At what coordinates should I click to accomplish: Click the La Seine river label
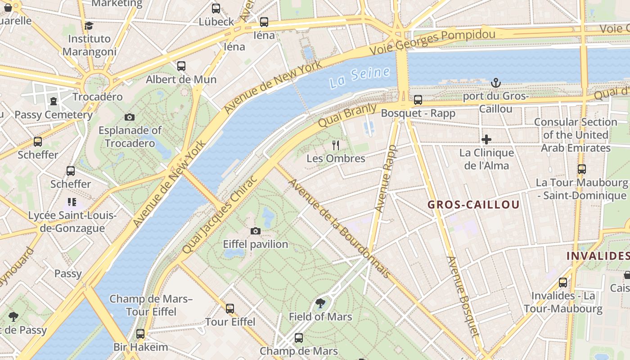click(359, 77)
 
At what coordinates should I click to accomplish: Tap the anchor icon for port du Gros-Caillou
click(495, 83)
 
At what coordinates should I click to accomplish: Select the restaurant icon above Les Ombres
click(335, 145)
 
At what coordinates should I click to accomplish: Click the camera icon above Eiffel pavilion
click(256, 231)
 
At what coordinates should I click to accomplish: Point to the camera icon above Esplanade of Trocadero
click(130, 117)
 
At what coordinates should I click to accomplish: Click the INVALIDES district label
click(598, 256)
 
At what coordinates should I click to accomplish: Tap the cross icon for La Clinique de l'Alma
click(486, 139)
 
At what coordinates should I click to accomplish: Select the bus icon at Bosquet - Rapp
click(418, 100)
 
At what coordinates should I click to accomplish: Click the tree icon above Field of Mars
click(320, 303)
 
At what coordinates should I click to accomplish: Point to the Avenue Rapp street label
click(386, 179)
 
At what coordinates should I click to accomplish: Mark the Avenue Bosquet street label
click(462, 296)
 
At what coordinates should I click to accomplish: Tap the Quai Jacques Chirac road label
click(220, 214)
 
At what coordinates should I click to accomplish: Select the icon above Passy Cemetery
click(54, 101)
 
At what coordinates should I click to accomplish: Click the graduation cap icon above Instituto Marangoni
click(89, 26)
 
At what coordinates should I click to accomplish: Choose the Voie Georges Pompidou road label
click(432, 41)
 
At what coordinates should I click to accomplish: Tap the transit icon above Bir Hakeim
click(140, 334)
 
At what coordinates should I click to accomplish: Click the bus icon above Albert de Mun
click(181, 66)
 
